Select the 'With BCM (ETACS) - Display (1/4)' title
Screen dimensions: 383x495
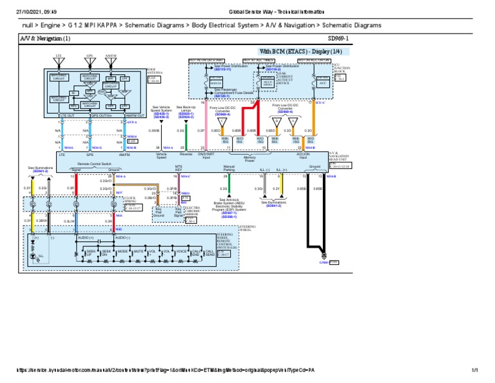click(294, 51)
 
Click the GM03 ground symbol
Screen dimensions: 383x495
click(325, 262)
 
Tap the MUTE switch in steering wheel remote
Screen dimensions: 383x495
click(140, 252)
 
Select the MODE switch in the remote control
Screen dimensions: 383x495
click(122, 252)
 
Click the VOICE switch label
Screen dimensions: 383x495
click(181, 252)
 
